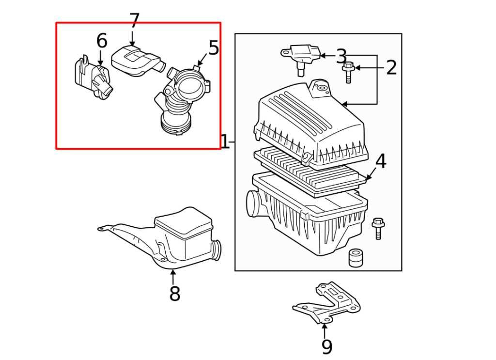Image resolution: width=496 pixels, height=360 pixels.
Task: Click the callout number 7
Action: pos(134,21)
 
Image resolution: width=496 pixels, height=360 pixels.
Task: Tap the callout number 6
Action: pos(101,42)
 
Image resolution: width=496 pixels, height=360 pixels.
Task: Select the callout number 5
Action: pos(214,48)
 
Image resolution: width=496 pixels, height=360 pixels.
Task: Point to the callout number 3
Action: pos(341,56)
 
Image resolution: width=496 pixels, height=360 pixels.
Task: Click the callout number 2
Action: pos(391,67)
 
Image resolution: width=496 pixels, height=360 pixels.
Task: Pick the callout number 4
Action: pos(381,161)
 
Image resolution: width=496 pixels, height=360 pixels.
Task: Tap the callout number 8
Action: pos(174,293)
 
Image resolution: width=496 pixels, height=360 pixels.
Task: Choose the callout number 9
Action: pos(327,346)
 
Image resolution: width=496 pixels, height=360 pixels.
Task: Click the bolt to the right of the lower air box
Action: pos(378,229)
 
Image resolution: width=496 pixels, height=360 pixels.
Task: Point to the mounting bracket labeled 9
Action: pos(329,303)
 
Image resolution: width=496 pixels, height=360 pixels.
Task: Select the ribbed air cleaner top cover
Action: pos(310,124)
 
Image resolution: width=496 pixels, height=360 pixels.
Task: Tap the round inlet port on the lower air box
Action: pos(253,202)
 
